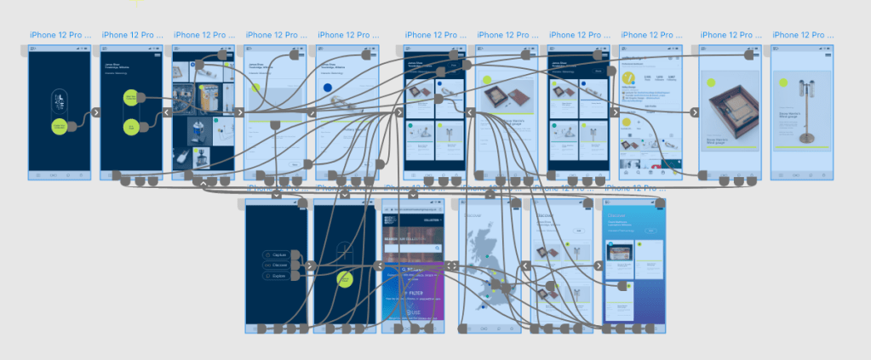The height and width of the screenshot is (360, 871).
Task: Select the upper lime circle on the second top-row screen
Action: (131, 98)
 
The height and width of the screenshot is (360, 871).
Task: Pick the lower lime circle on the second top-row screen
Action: (131, 128)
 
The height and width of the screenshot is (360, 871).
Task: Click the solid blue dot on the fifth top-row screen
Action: (327, 88)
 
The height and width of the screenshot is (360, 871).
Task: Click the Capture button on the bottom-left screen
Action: (278, 254)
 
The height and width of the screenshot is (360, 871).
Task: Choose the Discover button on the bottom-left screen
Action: (278, 266)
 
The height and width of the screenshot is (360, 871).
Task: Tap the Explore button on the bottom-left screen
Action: (278, 276)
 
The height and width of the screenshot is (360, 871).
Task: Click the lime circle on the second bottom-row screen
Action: (345, 278)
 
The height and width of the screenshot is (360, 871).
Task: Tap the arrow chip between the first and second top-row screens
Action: (95, 111)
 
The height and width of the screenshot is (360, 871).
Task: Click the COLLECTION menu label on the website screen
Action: (430, 220)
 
